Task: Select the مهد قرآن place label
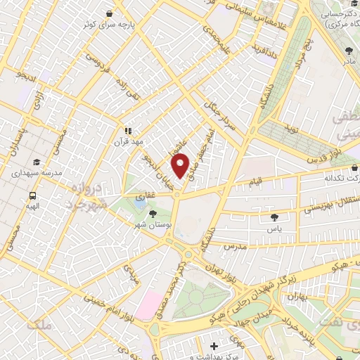click(x=129, y=141)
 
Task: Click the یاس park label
click(x=274, y=229)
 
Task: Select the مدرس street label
click(x=233, y=247)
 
